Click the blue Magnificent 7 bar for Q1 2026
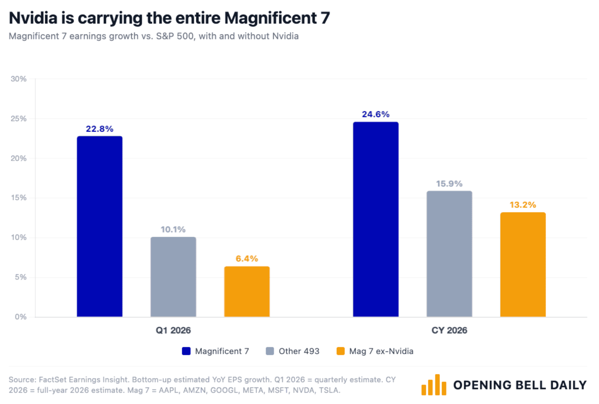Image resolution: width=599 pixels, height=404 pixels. (99, 227)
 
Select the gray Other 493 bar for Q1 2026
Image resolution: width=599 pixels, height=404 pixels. (173, 277)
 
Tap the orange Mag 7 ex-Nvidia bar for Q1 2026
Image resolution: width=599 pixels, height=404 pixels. (247, 291)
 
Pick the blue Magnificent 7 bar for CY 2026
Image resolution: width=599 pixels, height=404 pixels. (376, 219)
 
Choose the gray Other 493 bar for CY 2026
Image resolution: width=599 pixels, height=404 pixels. (449, 254)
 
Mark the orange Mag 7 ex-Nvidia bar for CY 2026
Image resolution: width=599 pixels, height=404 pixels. (523, 264)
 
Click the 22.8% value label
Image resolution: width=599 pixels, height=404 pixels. (99, 129)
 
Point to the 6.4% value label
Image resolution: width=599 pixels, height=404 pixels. (247, 259)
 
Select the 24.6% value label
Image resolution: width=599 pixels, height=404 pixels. (376, 114)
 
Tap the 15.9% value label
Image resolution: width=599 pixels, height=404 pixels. (449, 184)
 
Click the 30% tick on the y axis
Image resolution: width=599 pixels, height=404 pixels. (18, 79)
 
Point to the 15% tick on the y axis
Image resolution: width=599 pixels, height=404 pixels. (18, 198)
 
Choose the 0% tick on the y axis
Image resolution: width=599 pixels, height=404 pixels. (21, 317)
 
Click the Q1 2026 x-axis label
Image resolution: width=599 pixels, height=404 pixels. (173, 330)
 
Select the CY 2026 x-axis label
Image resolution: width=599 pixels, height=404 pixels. (449, 330)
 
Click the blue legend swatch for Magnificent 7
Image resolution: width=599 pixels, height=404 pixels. (186, 351)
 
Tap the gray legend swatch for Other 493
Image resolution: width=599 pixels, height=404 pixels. (270, 351)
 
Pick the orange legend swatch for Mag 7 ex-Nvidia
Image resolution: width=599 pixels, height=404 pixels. (341, 351)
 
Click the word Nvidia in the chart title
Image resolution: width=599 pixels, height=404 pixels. (33, 18)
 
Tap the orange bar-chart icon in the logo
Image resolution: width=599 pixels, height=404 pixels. (434, 385)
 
